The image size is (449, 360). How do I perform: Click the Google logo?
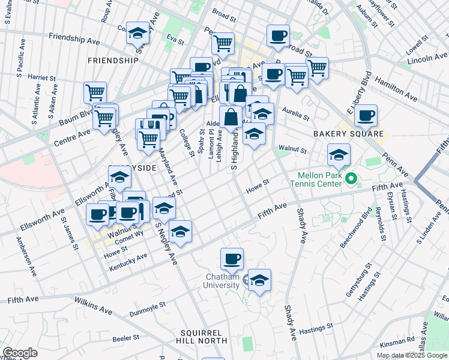pyautogui.click(x=20, y=353)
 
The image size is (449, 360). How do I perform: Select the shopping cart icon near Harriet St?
pyautogui.click(x=95, y=92)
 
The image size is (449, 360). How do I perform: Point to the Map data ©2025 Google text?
pyautogui.click(x=412, y=355)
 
